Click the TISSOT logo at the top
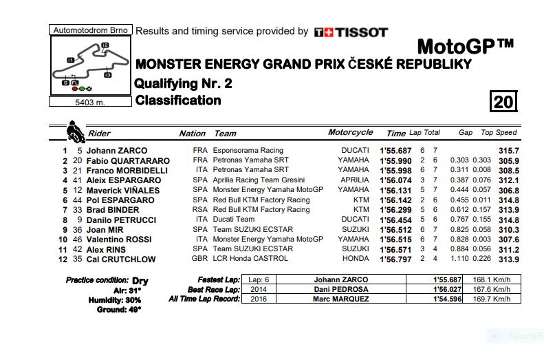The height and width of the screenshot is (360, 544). point(351,32)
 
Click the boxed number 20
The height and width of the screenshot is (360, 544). point(503,102)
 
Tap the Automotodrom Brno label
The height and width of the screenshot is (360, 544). point(90,30)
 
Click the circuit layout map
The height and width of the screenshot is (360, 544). point(90,66)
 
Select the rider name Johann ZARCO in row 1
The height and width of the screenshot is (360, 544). point(117,151)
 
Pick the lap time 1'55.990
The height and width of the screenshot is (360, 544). point(395,160)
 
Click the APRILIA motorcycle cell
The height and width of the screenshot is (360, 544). point(354,180)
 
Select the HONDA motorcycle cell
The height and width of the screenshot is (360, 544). point(356,260)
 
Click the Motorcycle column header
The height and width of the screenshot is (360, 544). point(351,132)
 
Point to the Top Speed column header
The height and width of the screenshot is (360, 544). point(499,133)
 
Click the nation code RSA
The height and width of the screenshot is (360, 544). point(199,210)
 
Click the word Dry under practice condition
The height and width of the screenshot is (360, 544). point(140,281)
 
